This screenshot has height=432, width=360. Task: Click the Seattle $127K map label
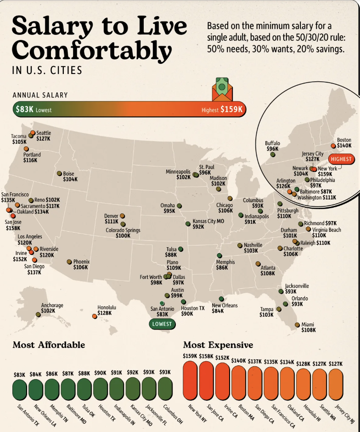coord(43,136)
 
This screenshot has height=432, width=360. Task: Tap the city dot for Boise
coord(59,173)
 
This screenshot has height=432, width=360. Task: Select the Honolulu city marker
coord(95,316)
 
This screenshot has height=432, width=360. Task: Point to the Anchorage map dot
coord(38,315)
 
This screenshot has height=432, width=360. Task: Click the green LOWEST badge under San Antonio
coord(162,324)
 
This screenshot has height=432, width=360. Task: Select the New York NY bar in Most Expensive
coord(191,380)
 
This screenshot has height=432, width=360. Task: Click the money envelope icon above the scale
coord(222,90)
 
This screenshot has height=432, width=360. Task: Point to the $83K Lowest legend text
coord(33,110)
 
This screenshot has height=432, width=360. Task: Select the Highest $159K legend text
coord(222,110)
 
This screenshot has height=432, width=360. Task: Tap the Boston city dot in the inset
coord(333,146)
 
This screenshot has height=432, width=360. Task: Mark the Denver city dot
coord(122,216)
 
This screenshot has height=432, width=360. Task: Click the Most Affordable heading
coord(49,345)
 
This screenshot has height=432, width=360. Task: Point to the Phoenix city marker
coord(69,261)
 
